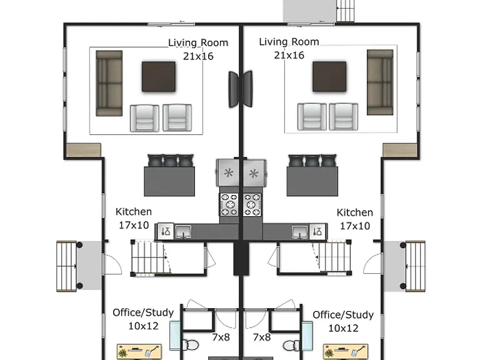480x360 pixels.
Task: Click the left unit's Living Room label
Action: coord(198,42)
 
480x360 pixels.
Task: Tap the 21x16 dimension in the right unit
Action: coord(289,56)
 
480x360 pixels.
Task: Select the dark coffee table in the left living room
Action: coord(159,76)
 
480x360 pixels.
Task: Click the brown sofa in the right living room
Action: coord(380,82)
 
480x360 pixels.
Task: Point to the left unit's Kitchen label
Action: coord(134,212)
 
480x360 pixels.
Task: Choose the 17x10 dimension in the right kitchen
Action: coord(355,226)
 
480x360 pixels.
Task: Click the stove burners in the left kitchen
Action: coord(229,204)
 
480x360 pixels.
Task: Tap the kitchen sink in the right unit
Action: coord(300,231)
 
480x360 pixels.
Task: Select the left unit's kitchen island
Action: coord(169,181)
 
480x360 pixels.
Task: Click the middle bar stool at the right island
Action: coord(312,161)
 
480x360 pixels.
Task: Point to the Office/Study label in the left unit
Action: coord(143,313)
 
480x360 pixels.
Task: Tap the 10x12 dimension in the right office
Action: coord(343,329)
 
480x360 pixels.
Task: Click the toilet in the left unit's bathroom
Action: coord(191,345)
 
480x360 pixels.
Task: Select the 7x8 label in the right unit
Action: coord(262,337)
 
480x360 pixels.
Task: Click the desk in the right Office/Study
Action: coord(346,351)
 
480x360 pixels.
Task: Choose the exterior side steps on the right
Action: coord(416,266)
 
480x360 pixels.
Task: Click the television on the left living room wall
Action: coord(234,89)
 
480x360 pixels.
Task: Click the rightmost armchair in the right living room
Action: coord(344,117)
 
